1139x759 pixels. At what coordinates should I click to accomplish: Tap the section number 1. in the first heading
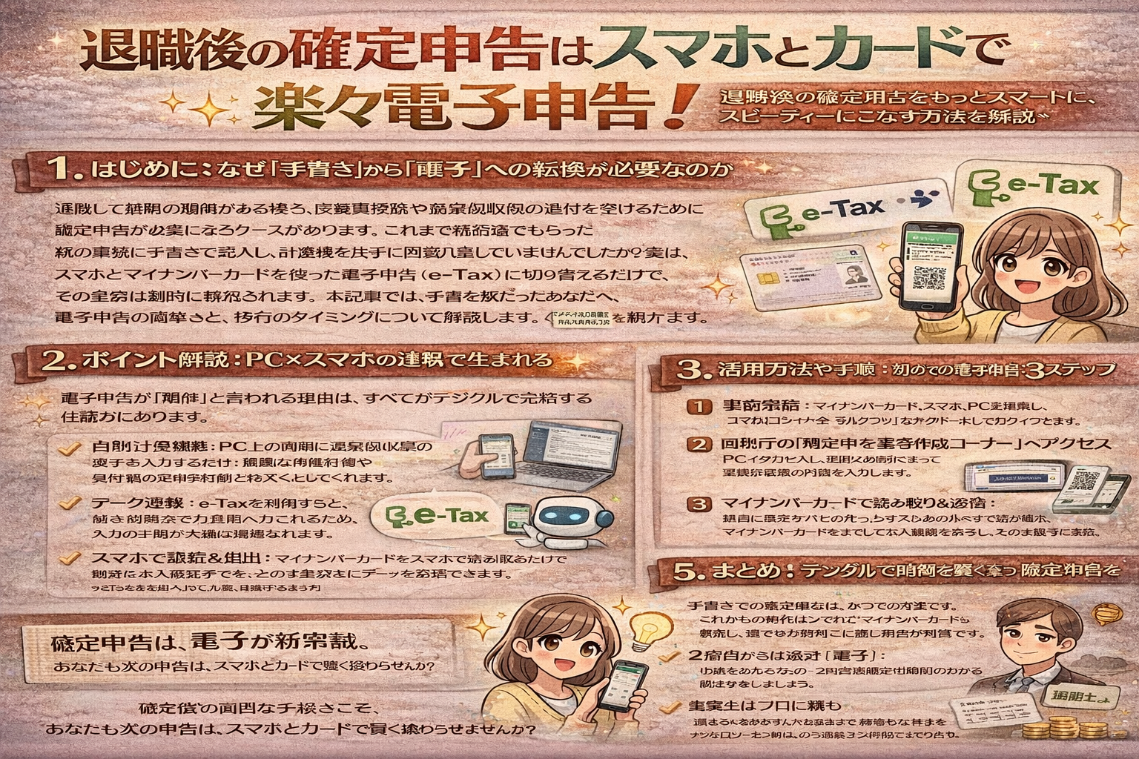point(68,170)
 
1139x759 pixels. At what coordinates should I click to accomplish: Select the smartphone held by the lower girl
point(621,686)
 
